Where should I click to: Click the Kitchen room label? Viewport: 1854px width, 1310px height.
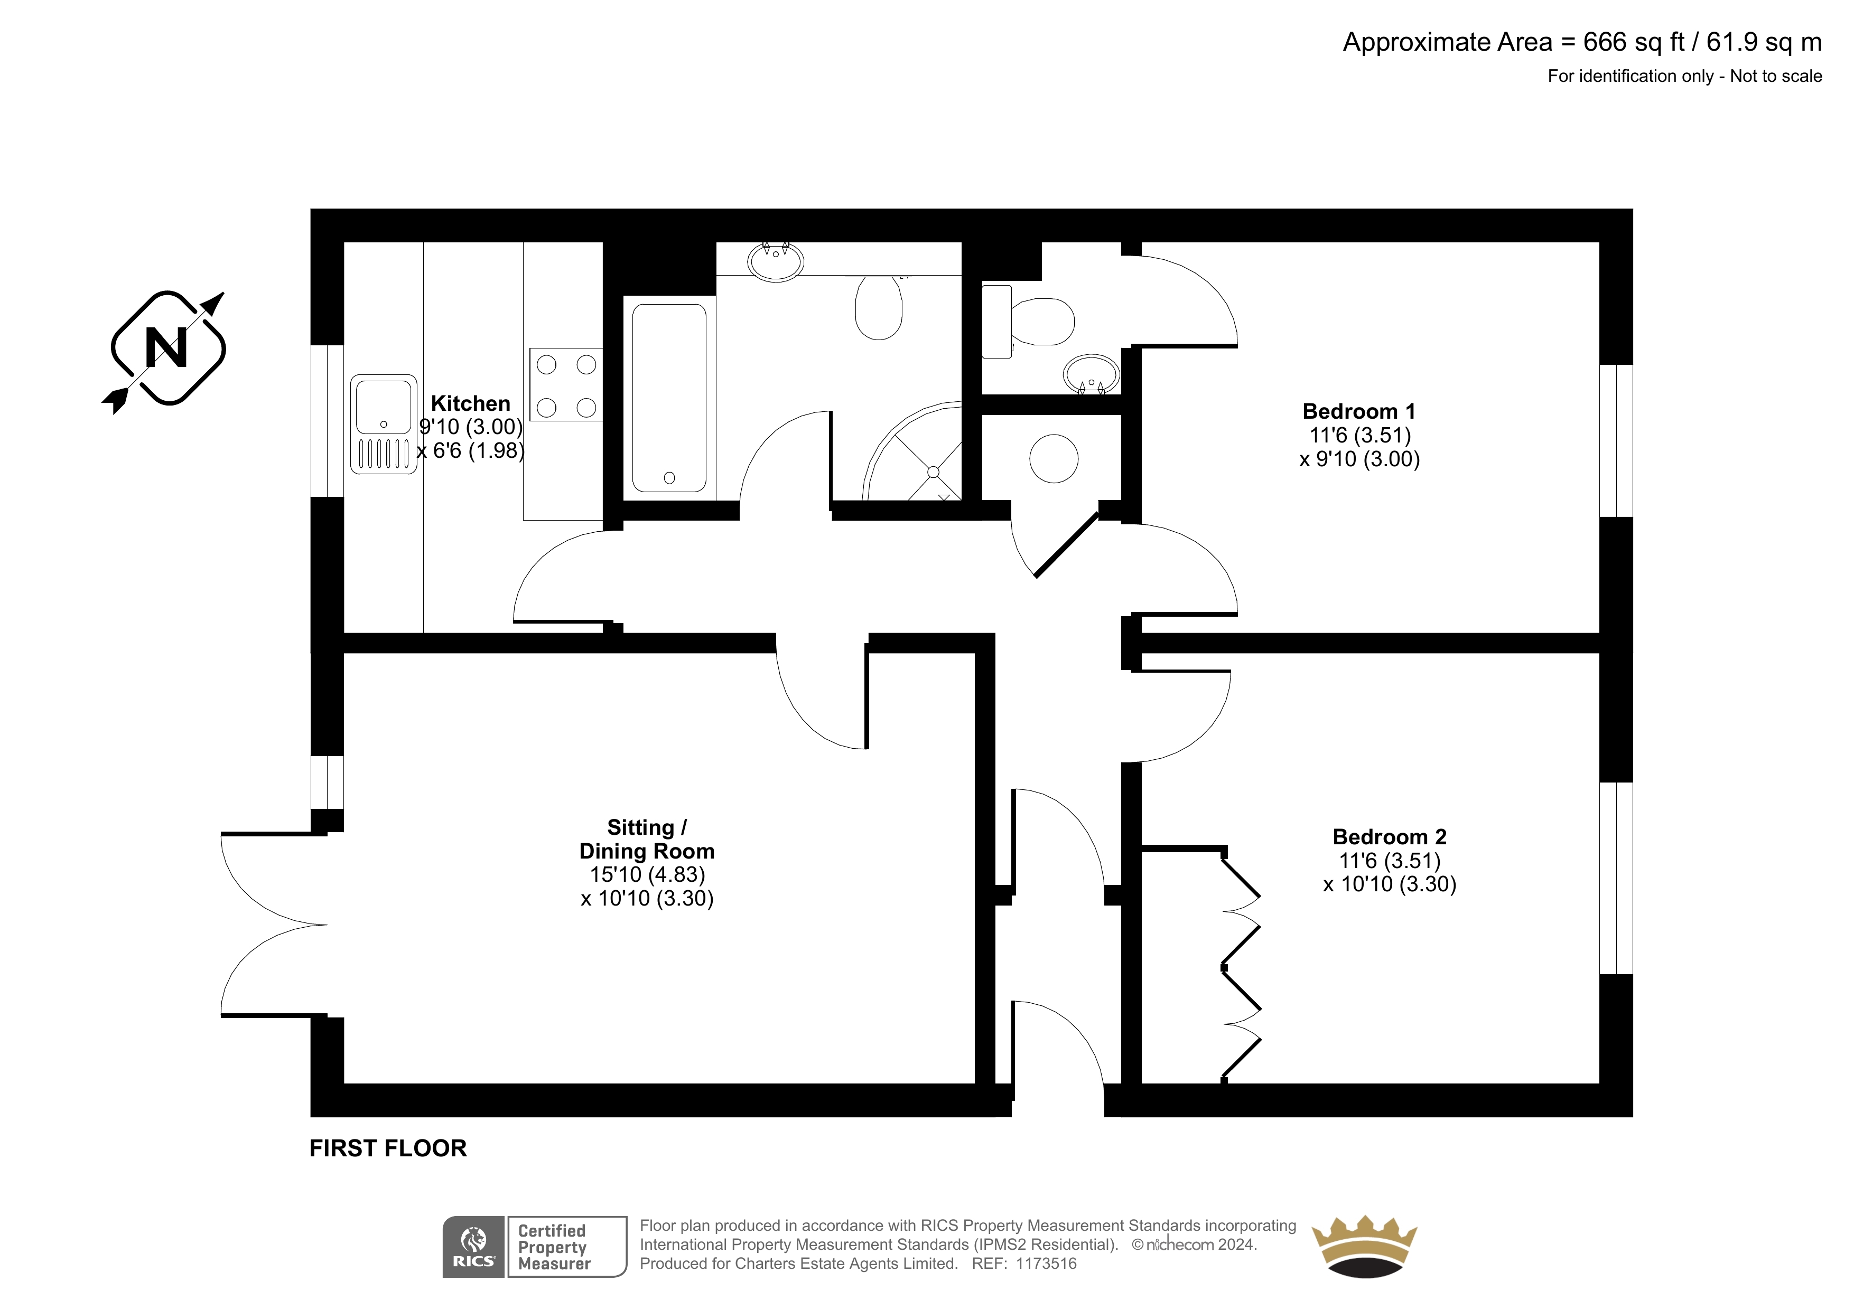point(471,403)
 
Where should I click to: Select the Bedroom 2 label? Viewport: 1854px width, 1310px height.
point(1390,836)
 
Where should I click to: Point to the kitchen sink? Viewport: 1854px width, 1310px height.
point(384,424)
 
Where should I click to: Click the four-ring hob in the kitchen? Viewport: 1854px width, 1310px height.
point(566,384)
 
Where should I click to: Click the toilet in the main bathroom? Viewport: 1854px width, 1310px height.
point(879,307)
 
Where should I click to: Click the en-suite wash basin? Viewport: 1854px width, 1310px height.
point(1091,374)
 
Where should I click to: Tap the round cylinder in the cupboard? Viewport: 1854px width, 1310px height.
point(1054,458)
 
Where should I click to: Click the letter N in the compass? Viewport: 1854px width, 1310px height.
point(166,348)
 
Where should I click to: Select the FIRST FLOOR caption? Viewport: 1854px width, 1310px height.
point(388,1148)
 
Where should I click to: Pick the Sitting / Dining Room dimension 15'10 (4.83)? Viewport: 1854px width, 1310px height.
point(648,874)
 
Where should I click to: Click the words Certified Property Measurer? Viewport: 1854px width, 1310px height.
point(554,1247)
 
